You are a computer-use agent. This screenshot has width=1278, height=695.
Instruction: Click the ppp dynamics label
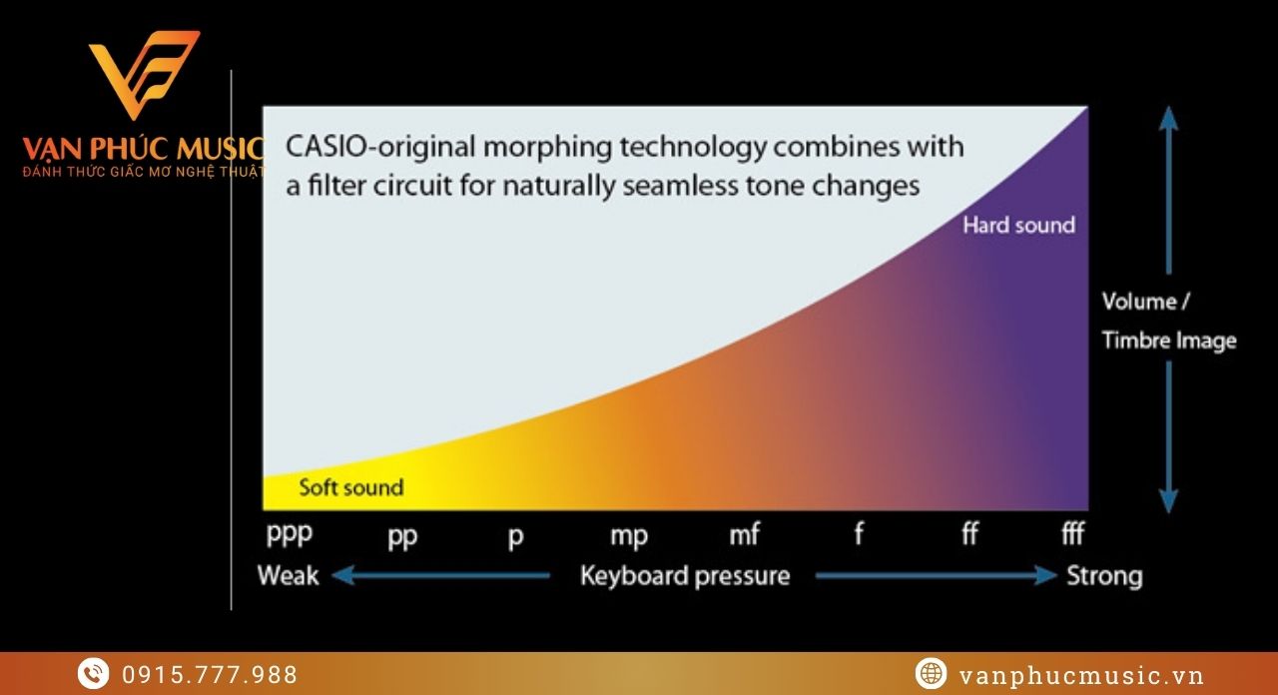coord(290,535)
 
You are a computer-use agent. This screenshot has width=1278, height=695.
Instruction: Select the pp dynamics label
coord(402,537)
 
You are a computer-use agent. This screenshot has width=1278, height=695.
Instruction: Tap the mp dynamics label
coord(629,537)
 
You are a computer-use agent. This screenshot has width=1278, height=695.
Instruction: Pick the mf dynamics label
coord(744,534)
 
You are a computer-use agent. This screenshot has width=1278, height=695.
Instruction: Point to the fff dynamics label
coord(1072,533)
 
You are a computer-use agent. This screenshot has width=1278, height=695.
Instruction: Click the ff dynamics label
coord(969,533)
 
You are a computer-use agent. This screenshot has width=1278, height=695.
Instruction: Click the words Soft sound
coord(350,488)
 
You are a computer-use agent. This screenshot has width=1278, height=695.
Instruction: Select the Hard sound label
coord(1019,225)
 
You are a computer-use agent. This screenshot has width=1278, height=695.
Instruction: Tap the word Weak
coord(289,575)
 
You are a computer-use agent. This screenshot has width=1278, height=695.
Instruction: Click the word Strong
coord(1104,576)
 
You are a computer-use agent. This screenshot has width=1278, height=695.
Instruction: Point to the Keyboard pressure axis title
coord(685,576)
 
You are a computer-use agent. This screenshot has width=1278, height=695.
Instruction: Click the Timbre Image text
coord(1169,341)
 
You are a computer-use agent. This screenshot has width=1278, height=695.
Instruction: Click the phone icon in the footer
coord(94,673)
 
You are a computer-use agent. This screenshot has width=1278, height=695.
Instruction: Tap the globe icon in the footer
coord(932,673)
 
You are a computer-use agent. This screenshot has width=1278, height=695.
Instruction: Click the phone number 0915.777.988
coord(210,675)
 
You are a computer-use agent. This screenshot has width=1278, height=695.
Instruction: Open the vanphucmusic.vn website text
coord(1081,676)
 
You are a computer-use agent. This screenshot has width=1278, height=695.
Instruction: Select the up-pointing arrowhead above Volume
coord(1169,118)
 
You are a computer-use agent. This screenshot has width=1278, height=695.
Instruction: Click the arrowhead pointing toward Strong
coord(1046,575)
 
